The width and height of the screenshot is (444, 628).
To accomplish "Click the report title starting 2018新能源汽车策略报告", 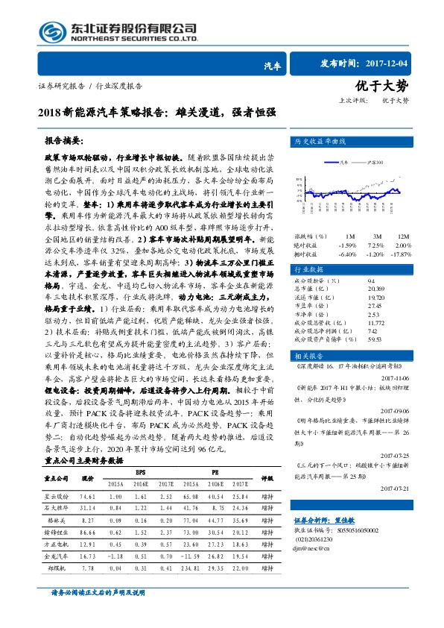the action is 156,113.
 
